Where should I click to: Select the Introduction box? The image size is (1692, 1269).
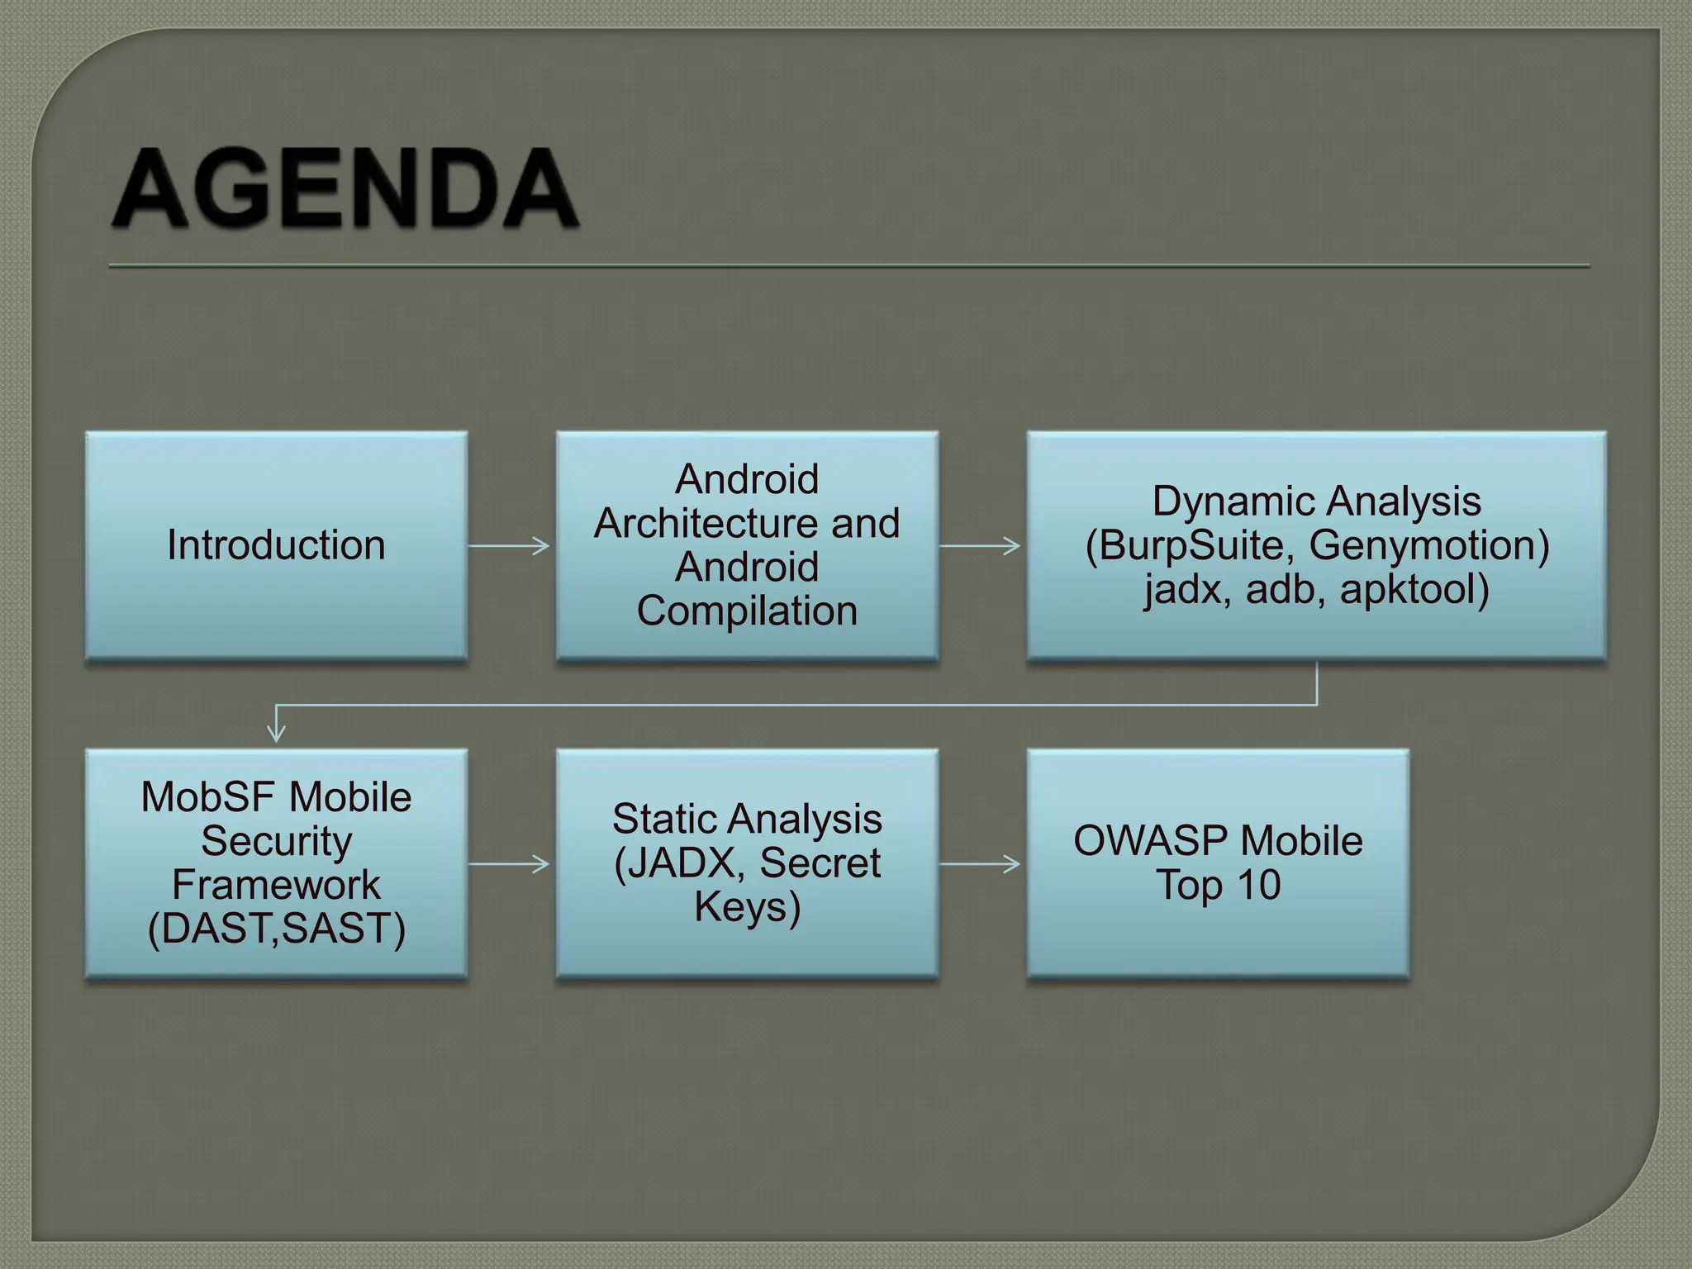pos(276,545)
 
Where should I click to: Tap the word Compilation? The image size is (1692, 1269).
pos(747,611)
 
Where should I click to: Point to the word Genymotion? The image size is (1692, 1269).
pos(1428,545)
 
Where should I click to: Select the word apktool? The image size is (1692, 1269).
pos(1414,589)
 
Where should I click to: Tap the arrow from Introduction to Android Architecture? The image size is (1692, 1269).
pos(509,545)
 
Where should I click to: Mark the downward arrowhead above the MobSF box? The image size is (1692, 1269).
pos(276,732)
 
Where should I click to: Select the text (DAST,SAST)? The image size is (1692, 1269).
pos(276,929)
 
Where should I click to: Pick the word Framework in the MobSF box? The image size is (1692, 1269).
pos(276,885)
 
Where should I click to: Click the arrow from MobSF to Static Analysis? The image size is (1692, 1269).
pos(509,864)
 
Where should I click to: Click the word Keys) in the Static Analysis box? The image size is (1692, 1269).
pos(747,907)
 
